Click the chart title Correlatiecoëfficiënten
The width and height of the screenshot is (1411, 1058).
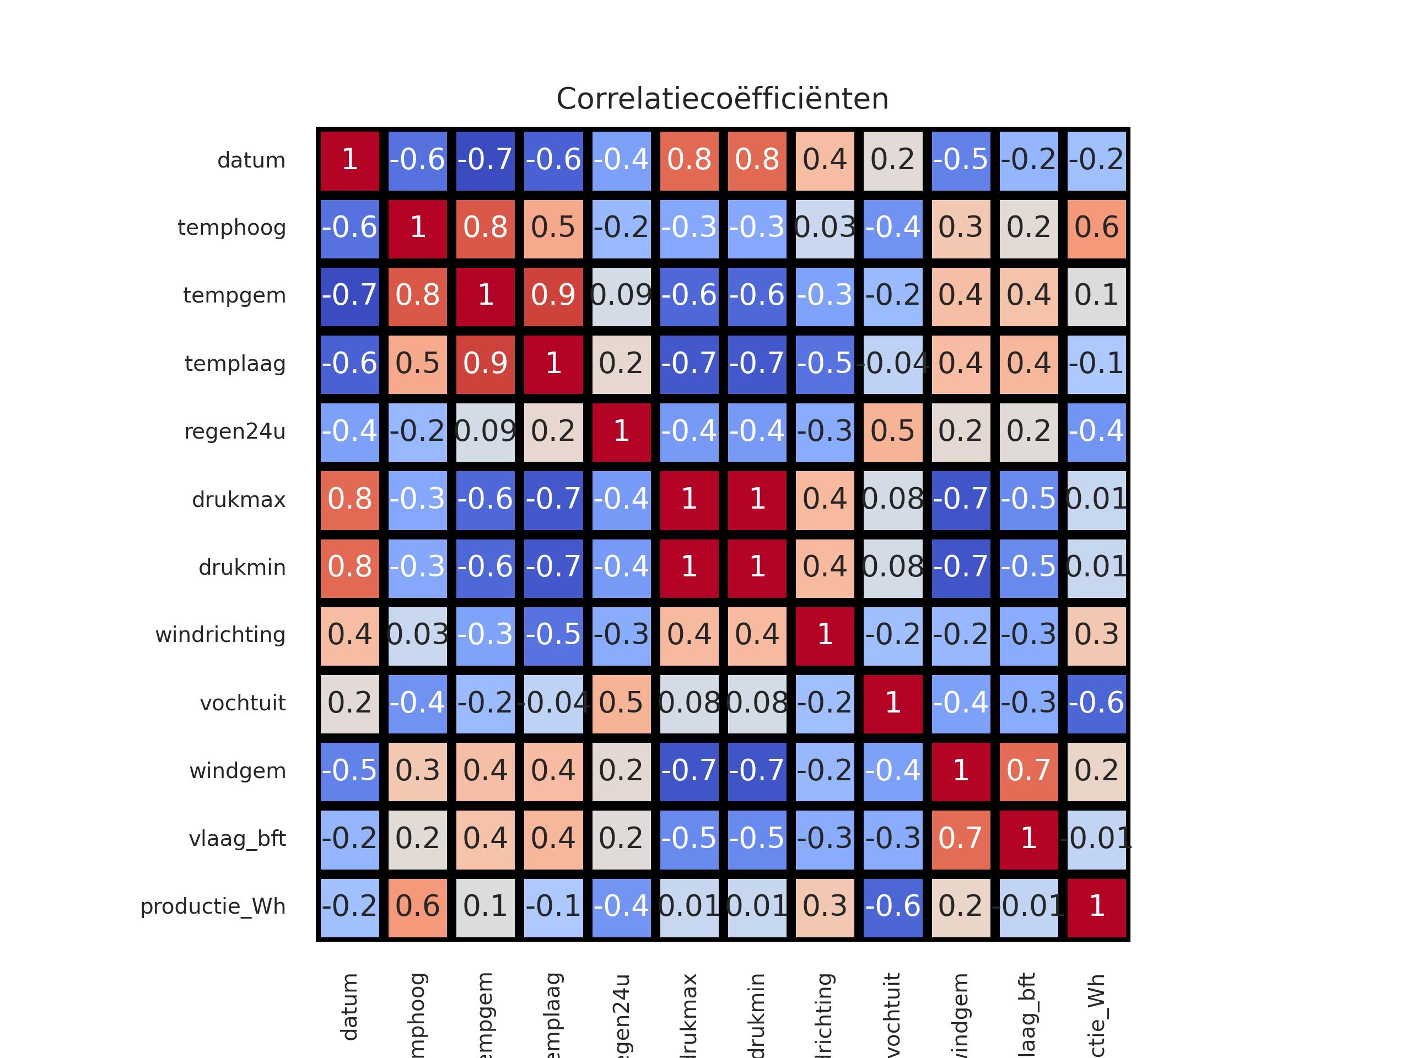click(x=722, y=99)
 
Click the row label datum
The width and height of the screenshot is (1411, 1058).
click(x=251, y=160)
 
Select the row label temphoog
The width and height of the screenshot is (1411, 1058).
click(x=231, y=228)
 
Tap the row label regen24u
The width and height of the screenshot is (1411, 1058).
click(x=235, y=432)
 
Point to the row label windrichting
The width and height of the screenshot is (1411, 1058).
click(x=220, y=635)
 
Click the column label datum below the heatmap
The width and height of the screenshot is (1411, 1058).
click(x=349, y=1008)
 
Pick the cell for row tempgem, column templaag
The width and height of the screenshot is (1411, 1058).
click(x=553, y=296)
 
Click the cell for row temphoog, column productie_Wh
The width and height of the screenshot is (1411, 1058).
click(x=1096, y=228)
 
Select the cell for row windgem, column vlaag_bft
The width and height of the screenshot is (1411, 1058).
click(x=1028, y=771)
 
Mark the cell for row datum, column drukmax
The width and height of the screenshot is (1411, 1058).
click(x=689, y=160)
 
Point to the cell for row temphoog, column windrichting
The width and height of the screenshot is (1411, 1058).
click(x=825, y=228)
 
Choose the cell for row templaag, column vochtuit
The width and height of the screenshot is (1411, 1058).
click(x=893, y=364)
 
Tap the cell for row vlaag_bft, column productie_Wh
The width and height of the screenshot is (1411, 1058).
click(x=1096, y=839)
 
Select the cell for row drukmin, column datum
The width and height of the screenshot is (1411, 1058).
click(x=349, y=568)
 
